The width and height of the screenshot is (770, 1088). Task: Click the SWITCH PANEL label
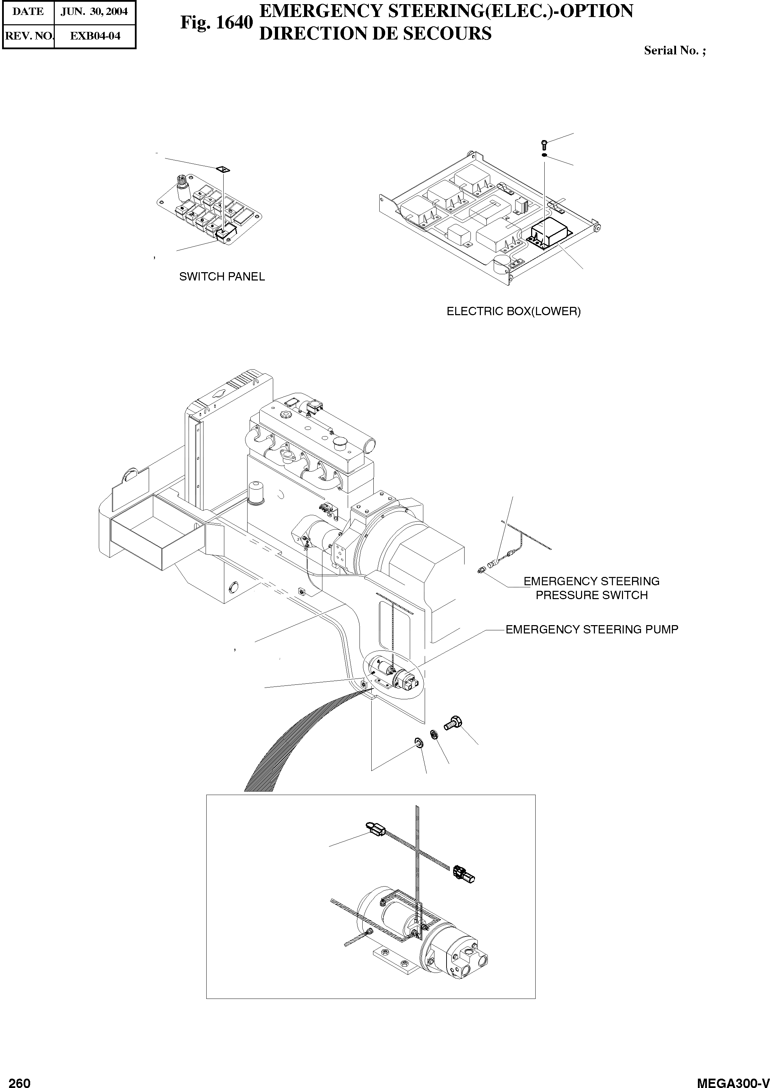click(222, 276)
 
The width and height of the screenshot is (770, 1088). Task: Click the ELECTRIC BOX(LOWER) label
click(513, 311)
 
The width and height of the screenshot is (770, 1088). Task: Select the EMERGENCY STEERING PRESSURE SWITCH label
click(591, 588)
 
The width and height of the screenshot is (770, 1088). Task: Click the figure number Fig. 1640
click(216, 22)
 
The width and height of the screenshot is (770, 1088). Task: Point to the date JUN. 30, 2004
click(94, 12)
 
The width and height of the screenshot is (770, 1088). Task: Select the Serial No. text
click(674, 51)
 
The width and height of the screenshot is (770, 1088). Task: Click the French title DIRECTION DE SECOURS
click(375, 33)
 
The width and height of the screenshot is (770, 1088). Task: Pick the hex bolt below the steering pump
click(453, 723)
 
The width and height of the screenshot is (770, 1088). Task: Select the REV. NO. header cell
click(28, 36)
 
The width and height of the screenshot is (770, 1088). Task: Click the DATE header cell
click(28, 12)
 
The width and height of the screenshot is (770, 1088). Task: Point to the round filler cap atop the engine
click(339, 443)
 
